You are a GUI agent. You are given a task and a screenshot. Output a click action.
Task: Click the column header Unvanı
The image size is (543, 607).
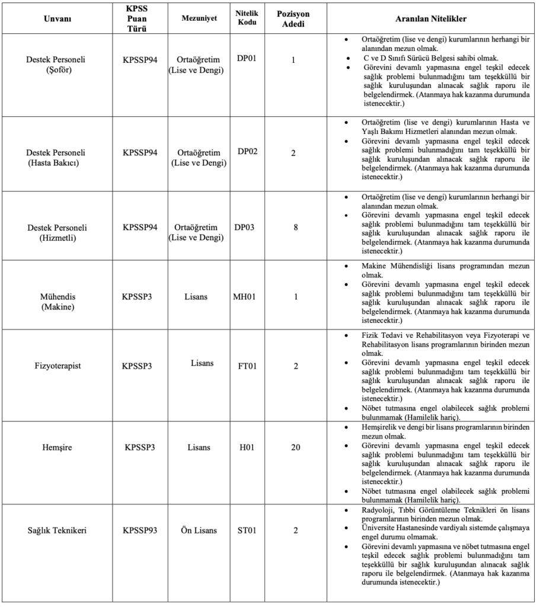[58, 19]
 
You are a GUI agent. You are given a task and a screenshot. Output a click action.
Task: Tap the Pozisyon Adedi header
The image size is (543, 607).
[293, 18]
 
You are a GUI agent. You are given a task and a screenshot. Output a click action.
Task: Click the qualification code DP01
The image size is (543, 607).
[248, 60]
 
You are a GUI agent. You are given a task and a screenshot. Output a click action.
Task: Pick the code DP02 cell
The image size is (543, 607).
[248, 152]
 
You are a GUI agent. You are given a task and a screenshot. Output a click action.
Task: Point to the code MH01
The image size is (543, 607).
[245, 296]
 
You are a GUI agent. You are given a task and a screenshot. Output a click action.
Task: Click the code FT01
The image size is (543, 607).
[247, 366]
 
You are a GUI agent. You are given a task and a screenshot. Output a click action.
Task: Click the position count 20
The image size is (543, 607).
[295, 448]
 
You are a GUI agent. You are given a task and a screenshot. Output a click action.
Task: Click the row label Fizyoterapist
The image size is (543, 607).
[58, 366]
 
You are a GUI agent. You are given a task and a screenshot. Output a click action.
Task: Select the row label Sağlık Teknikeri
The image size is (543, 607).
[58, 531]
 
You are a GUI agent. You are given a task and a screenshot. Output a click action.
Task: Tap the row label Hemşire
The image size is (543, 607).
[58, 448]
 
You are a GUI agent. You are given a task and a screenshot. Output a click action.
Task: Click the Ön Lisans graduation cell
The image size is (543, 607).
[199, 531]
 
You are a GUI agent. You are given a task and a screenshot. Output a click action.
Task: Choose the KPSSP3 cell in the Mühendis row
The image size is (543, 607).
[137, 296]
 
